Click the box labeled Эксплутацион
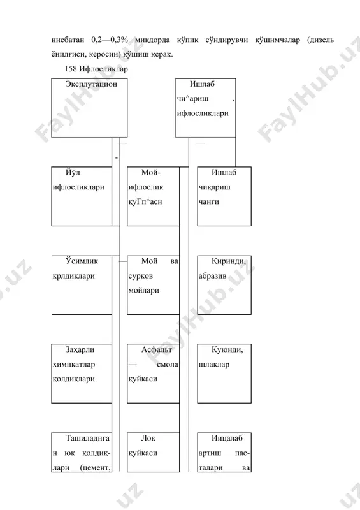[89, 108]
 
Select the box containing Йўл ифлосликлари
[82, 196]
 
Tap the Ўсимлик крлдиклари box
[82, 285]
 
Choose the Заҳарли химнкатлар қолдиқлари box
[82, 374]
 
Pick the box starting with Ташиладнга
[82, 452]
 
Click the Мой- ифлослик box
[153, 196]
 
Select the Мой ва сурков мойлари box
[153, 285]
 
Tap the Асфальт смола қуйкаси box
[153, 374]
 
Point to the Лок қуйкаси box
[153, 452]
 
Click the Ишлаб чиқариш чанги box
[224, 196]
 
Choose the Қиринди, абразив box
[224, 285]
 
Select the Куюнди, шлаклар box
[224, 374]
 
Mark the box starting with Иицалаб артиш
[224, 452]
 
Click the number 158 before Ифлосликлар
[71, 69]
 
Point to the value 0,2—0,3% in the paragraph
[110, 40]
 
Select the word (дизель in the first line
[320, 40]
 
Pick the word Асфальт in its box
[157, 349]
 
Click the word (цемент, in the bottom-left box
[96, 468]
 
